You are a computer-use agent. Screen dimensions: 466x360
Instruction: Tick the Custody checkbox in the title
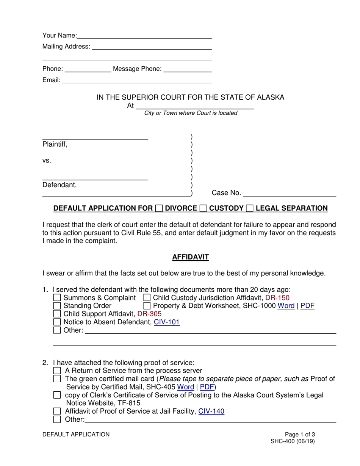coord(203,208)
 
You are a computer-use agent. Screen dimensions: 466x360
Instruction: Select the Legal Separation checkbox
coord(250,208)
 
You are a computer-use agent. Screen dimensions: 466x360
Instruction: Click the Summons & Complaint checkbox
coord(57,298)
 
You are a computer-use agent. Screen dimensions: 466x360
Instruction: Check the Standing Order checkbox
coord(57,306)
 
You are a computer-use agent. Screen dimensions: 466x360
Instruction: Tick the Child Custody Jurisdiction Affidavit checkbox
coord(147,298)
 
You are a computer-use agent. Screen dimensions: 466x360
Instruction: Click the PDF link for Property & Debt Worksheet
coord(307,306)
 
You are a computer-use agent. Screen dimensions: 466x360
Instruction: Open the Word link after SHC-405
coord(185,387)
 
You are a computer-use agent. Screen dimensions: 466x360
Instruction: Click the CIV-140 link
coord(211,411)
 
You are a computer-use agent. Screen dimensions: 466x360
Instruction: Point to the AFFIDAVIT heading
coord(190,257)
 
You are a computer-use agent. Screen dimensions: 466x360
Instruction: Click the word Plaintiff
coord(55,144)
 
